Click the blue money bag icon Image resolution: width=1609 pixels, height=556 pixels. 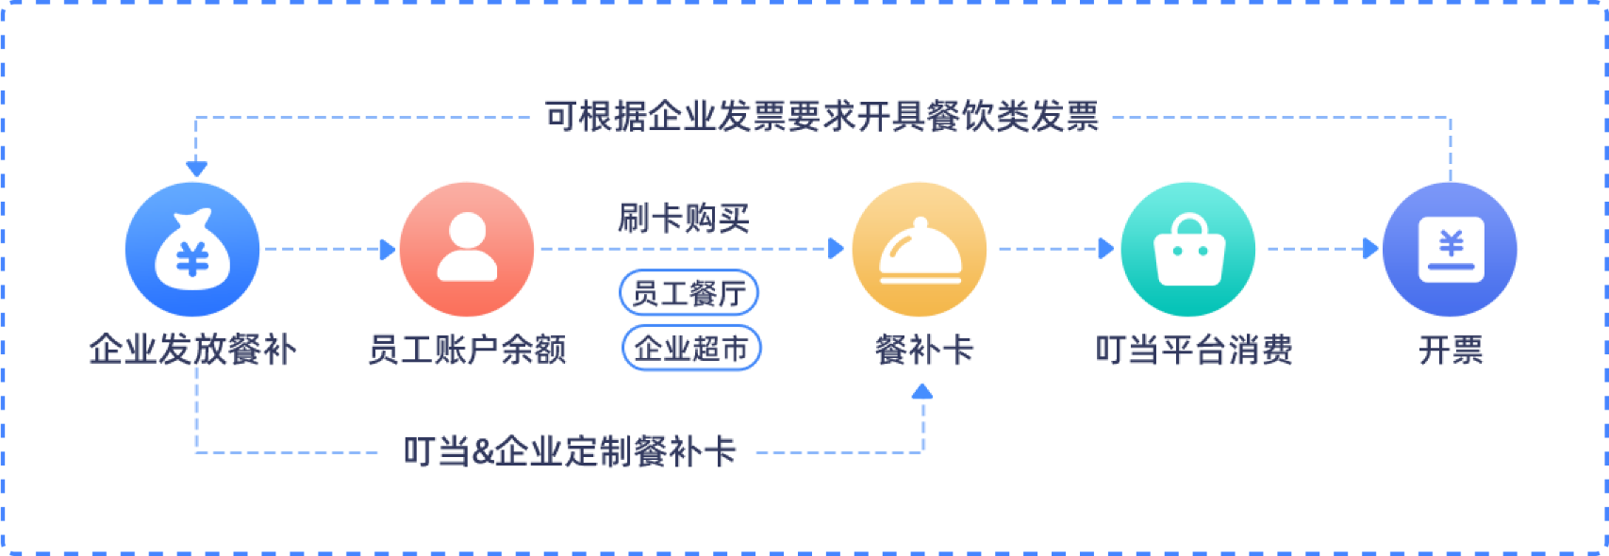pos(192,250)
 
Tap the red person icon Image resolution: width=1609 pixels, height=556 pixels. pos(467,250)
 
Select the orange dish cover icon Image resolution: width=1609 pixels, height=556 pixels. pos(920,250)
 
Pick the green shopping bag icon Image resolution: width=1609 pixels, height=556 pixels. pos(1188,250)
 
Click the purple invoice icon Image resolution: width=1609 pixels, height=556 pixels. pos(1451,250)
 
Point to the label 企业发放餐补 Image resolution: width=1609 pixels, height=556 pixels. pos(192,351)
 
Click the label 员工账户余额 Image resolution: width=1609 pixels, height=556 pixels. pos(467,351)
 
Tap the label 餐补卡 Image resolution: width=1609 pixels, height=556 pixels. pos(923,351)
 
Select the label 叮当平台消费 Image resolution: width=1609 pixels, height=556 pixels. pos(1194,351)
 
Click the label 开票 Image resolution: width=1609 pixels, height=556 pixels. pos(1451,351)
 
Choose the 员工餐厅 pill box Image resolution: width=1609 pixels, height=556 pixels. pos(689,293)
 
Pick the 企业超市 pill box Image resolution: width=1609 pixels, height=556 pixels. pos(691,348)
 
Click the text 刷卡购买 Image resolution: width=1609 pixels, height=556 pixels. pos(684,219)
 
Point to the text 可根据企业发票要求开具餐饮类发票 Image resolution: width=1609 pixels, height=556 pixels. pos(821,117)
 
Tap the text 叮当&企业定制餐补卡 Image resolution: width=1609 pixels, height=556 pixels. pos(570,452)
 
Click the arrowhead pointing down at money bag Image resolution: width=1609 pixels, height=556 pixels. pos(196,170)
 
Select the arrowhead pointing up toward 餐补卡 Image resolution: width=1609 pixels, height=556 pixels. pos(923,390)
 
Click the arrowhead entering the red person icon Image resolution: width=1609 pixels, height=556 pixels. pos(388,250)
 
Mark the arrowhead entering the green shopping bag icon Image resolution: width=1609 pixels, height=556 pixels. pos(1106,250)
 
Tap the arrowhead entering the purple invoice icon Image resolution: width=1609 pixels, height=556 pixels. pos(1371,250)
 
